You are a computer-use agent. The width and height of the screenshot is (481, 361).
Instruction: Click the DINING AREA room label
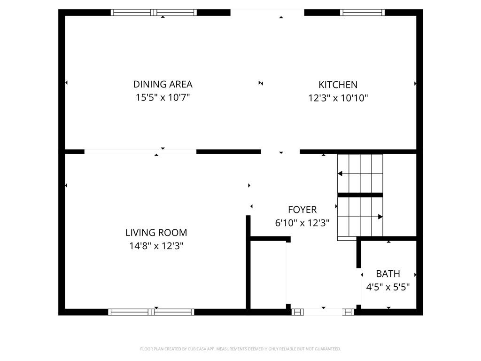point(163,84)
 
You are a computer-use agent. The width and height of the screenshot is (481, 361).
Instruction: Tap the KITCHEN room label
point(338,85)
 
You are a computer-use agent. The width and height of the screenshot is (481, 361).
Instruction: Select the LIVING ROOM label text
point(156,232)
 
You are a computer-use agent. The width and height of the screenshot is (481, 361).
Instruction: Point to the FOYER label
point(302,210)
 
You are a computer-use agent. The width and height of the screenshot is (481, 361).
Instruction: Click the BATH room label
point(388,274)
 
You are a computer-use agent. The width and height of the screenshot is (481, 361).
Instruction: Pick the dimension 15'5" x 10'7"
point(163,98)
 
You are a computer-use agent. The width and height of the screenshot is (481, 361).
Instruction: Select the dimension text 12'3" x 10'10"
point(338,98)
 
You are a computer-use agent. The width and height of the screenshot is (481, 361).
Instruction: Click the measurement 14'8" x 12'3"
point(156,245)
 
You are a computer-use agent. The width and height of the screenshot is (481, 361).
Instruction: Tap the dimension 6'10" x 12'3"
point(302,223)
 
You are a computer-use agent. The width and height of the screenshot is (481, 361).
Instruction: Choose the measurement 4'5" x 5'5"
point(388,287)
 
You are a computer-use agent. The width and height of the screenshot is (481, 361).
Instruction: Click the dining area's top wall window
point(154,13)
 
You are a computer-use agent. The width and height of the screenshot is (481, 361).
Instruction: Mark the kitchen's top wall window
point(362,13)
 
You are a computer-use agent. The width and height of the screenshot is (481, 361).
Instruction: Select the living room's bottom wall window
point(151,312)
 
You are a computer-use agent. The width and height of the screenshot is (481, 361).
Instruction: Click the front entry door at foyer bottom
point(323,312)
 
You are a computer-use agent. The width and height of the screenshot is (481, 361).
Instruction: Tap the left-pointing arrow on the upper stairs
point(340,174)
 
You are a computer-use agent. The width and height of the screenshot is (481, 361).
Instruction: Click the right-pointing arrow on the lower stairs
point(380,217)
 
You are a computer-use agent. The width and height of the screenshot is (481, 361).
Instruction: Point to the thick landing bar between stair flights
point(360,195)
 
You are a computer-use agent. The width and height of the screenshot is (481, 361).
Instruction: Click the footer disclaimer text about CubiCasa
point(240,349)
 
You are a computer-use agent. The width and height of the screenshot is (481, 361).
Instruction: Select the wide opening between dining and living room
point(140,151)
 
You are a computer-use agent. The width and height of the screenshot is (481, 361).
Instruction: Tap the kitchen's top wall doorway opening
point(267,13)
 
